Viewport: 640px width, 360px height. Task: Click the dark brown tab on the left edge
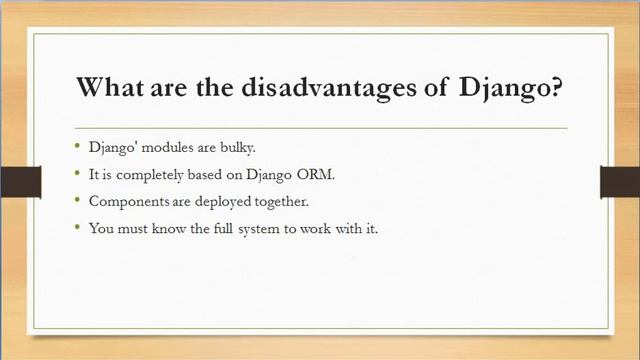click(20, 181)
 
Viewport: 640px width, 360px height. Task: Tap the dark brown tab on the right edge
click(619, 181)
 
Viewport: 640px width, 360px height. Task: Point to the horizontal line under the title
click(320, 128)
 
